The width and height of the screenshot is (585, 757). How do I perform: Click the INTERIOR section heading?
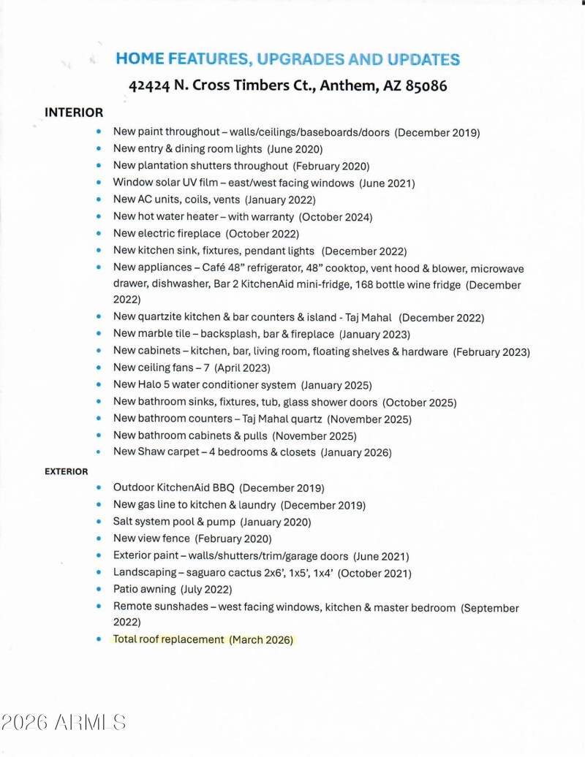[74, 113]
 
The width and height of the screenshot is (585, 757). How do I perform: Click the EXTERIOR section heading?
[66, 471]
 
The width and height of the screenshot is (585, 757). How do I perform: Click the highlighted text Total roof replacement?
[168, 639]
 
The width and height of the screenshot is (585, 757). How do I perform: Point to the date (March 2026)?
[261, 639]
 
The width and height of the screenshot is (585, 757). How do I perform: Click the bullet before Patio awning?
[99, 589]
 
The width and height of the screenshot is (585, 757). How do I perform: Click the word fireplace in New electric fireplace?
[195, 234]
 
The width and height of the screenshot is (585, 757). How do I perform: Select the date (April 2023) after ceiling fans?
[242, 368]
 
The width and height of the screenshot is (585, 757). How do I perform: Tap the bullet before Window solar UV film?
[99, 183]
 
